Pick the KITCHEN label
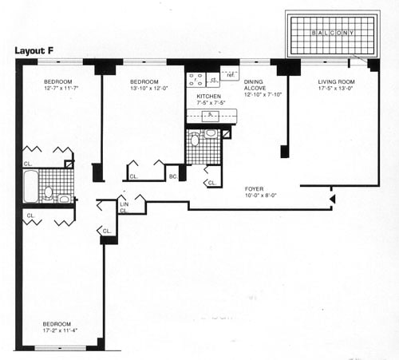tap(209, 96)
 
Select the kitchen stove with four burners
tap(196, 79)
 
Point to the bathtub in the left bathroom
tap(29, 186)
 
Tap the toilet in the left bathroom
tap(49, 192)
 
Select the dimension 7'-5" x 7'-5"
tap(209, 104)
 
